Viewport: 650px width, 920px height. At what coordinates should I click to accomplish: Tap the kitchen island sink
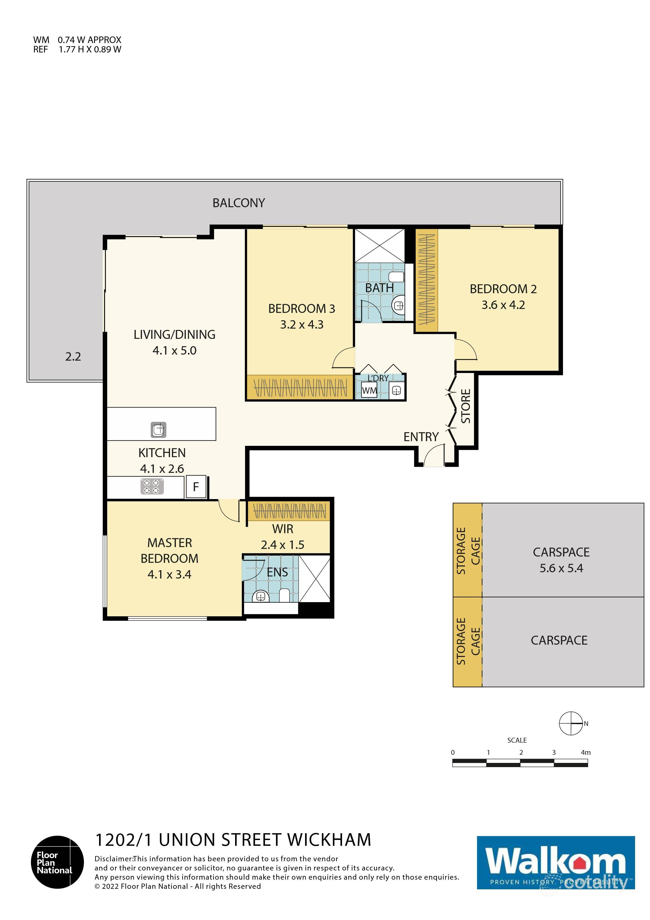[x=159, y=430]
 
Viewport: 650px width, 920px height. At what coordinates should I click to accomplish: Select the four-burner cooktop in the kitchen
[x=152, y=487]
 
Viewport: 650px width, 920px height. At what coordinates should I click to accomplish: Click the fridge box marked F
[x=196, y=487]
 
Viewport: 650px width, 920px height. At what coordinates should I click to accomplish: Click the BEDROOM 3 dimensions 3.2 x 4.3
[x=302, y=325]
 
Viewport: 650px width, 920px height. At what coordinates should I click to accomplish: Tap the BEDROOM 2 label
[x=503, y=289]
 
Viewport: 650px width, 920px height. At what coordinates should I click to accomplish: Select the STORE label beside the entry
[x=466, y=406]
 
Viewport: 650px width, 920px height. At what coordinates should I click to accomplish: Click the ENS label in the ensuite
[x=277, y=573]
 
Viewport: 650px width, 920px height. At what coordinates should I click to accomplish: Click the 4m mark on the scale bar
[x=586, y=752]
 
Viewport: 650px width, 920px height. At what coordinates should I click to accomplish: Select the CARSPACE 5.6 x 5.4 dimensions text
[x=561, y=568]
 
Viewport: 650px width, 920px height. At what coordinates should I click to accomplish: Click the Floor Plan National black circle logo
[x=58, y=862]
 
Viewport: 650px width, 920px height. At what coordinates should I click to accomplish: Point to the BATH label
[x=379, y=288]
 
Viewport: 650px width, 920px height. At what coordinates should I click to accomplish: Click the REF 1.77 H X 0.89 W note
[x=77, y=50]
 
